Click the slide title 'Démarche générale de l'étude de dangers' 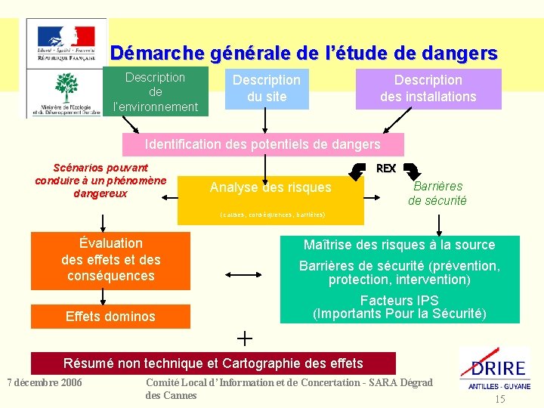tap(304, 54)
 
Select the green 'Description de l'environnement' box tap(155, 92)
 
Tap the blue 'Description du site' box tap(266, 88)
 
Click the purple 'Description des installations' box tap(428, 88)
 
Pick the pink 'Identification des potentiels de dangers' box tap(263, 144)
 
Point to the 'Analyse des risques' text tap(270, 187)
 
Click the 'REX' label tap(386, 168)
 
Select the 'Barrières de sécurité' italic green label tap(437, 193)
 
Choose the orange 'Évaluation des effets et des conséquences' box tap(110, 260)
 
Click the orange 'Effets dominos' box tap(110, 317)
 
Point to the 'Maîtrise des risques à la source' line tap(399, 245)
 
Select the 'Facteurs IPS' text tap(399, 301)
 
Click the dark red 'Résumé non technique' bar tap(213, 363)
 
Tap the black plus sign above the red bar tap(244, 337)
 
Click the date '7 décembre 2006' tap(45, 382)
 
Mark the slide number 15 tap(499, 398)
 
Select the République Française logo tap(66, 42)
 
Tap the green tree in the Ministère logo tap(66, 88)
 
